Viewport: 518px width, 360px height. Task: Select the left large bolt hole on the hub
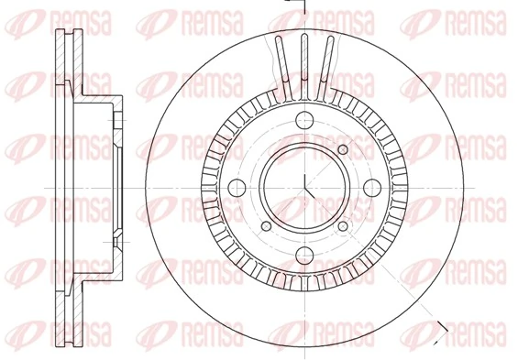coord(234,188)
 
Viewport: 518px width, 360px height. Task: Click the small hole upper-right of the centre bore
coord(343,150)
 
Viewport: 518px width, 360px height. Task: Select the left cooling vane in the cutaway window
coord(281,64)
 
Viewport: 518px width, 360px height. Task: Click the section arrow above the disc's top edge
coord(295,6)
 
